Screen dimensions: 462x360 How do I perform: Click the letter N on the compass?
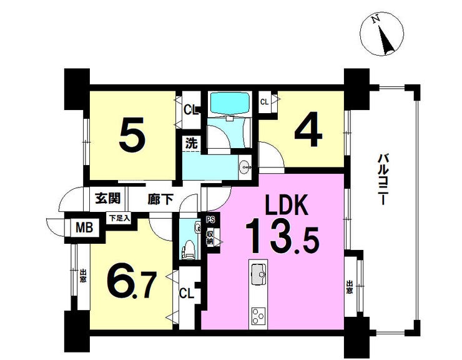point(375,19)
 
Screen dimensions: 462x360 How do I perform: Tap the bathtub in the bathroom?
point(230,102)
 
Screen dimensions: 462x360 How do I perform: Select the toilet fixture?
point(189,250)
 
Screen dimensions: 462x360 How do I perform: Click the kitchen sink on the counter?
point(258,274)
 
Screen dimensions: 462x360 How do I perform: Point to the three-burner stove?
point(258,316)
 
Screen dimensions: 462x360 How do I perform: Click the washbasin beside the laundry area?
point(245,167)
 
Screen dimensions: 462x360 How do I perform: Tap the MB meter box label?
point(84,227)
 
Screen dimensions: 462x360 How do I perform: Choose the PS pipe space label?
point(210,219)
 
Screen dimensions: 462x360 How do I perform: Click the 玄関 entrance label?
point(107,199)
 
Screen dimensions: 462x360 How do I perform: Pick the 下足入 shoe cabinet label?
point(119,219)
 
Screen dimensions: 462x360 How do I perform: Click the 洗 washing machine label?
point(191,143)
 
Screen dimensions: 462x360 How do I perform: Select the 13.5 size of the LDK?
point(282,236)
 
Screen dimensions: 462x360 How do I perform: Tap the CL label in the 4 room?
point(264,102)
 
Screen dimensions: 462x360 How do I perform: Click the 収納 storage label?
point(210,237)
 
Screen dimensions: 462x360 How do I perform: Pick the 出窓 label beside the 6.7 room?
point(83,275)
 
